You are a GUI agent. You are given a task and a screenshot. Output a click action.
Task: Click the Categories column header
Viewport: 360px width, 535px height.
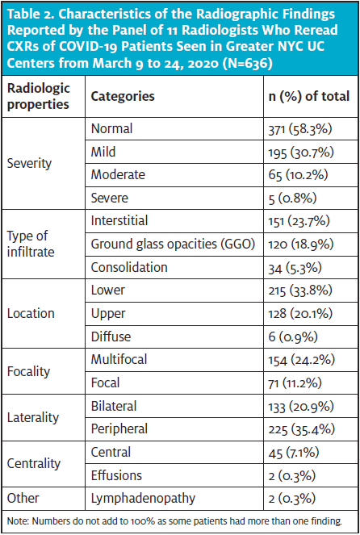coord(123,96)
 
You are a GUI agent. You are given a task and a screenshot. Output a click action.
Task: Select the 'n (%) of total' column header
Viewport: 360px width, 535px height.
coord(309,96)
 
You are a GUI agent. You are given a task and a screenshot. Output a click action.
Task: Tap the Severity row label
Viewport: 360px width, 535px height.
coord(29,163)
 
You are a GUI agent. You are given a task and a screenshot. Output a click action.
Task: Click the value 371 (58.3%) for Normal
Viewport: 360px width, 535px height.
coord(300,129)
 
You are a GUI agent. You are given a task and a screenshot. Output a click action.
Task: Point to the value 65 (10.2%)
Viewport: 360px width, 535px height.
coord(298,174)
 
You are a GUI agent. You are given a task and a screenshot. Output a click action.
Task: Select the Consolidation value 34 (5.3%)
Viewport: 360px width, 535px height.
coord(295,268)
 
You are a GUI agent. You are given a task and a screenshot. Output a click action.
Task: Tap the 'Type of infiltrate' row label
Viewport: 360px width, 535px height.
coord(31,244)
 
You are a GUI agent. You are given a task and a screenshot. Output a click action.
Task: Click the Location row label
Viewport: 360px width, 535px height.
coord(31,313)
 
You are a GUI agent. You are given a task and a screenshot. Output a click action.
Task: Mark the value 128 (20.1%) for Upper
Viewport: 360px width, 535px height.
coord(300,314)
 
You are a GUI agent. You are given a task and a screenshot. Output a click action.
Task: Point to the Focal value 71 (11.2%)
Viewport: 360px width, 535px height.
coord(295,382)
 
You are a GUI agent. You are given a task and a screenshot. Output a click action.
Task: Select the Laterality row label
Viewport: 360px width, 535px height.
coord(33,418)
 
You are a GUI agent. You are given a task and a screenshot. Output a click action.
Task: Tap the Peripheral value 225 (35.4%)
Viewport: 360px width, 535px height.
coord(301,429)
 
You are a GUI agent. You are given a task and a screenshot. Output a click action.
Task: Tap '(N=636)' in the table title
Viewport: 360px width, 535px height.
coord(247,63)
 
